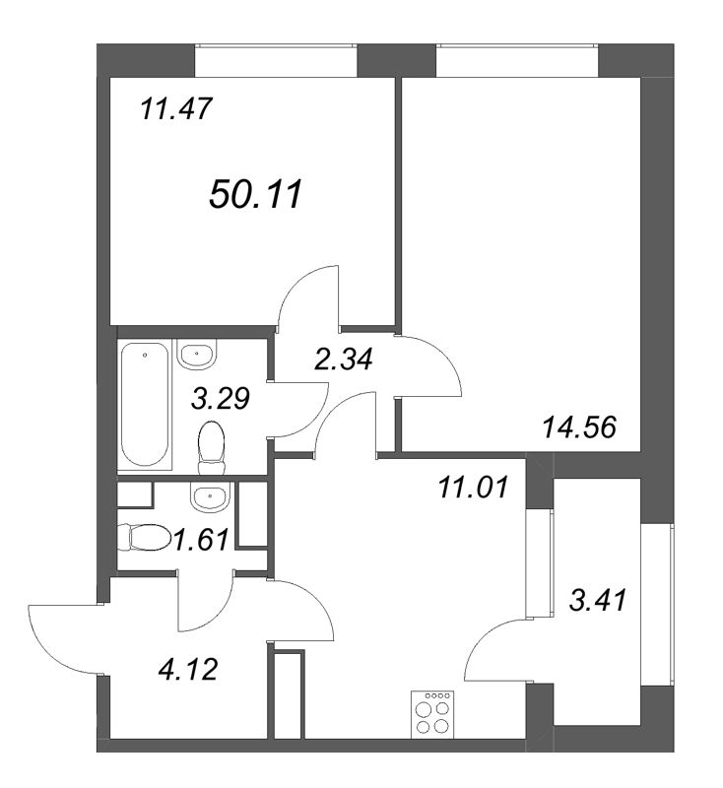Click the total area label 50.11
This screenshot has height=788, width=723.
[254, 194]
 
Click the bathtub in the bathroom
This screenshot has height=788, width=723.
[146, 403]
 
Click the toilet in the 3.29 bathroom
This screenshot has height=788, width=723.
[210, 445]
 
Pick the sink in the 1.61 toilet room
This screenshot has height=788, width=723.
[207, 497]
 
